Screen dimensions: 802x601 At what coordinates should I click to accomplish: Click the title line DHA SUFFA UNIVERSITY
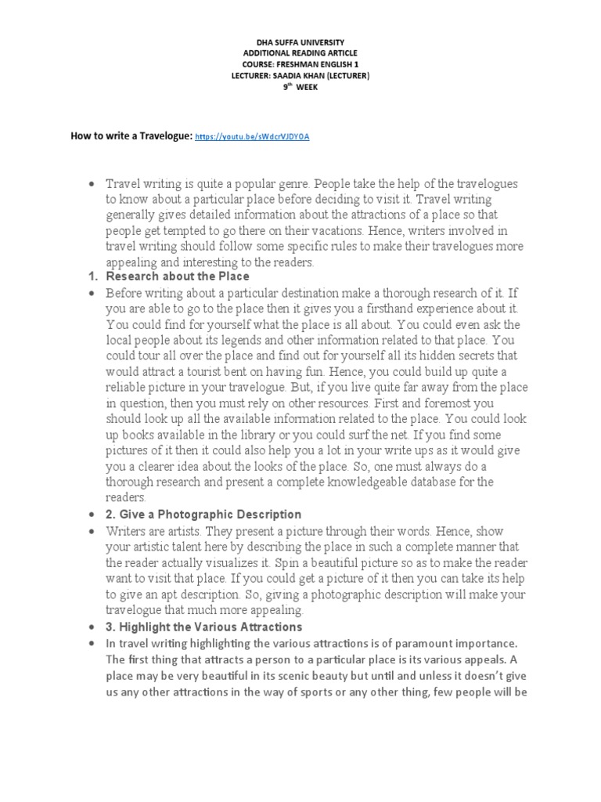300,42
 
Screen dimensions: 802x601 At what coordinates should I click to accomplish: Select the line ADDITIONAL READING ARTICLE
300,52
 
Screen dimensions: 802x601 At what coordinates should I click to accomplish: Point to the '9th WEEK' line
300,87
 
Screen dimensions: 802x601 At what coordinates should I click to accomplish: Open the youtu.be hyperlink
252,136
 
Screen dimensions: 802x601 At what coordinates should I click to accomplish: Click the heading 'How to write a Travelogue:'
131,136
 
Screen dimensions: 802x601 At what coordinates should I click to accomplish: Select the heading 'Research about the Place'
178,276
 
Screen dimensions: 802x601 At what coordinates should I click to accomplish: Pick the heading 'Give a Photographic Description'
209,515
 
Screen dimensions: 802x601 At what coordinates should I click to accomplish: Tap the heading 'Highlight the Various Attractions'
210,627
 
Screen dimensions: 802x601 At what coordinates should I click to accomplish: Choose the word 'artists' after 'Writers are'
181,530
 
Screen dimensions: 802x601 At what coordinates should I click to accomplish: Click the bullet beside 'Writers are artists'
91,531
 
